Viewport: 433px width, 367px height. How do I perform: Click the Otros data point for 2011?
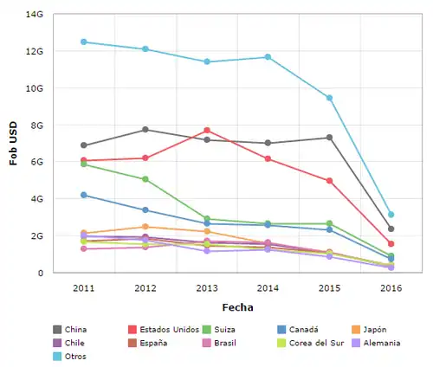pos(84,42)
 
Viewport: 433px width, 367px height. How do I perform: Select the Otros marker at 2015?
pos(330,98)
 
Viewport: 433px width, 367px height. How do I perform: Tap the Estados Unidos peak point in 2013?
pos(207,130)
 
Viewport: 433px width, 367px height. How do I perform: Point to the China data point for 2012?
pos(145,130)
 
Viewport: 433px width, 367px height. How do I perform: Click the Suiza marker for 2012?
pos(145,179)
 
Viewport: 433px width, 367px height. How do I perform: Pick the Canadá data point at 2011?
pos(84,195)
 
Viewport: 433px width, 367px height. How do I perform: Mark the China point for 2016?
pos(391,229)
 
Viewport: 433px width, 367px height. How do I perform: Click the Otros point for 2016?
pos(391,215)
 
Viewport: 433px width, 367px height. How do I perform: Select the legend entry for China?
pos(77,329)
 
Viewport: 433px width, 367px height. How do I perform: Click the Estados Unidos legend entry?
pos(169,329)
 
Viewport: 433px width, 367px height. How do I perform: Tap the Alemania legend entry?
pos(380,343)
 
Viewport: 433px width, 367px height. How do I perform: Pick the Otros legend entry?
pos(77,356)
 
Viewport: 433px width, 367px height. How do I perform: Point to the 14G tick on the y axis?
pos(35,15)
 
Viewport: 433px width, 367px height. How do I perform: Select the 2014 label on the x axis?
pos(268,287)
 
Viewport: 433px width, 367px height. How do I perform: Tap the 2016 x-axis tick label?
pos(391,287)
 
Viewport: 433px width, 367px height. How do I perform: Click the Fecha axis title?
pos(236,306)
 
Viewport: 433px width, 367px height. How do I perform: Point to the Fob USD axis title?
pos(13,144)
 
